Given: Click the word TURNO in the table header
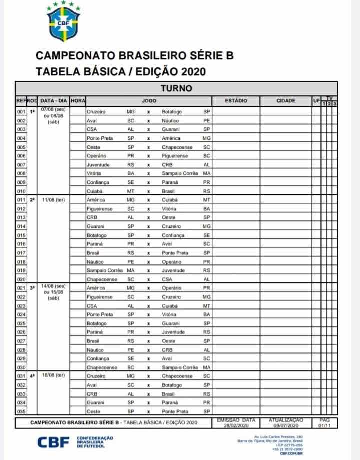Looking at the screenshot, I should tap(175, 88).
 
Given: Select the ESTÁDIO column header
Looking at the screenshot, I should tap(236, 101).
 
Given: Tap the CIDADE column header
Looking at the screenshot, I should tap(286, 101).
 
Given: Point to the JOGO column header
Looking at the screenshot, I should tap(149, 101).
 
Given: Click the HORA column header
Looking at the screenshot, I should tap(78, 101).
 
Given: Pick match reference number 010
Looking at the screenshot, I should tap(21, 191).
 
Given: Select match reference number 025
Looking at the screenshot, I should tap(21, 323).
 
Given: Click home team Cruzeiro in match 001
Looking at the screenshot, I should tap(96, 112).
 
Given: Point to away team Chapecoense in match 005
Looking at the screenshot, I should tap(177, 147).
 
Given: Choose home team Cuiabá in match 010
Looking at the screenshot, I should tap(94, 191).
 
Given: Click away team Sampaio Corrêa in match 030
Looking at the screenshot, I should tap(180, 367).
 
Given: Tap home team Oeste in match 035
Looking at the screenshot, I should tap(93, 411).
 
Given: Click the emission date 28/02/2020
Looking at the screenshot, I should tap(236, 426).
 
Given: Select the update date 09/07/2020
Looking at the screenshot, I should tap(286, 426).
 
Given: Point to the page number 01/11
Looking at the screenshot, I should tap(323, 426).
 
